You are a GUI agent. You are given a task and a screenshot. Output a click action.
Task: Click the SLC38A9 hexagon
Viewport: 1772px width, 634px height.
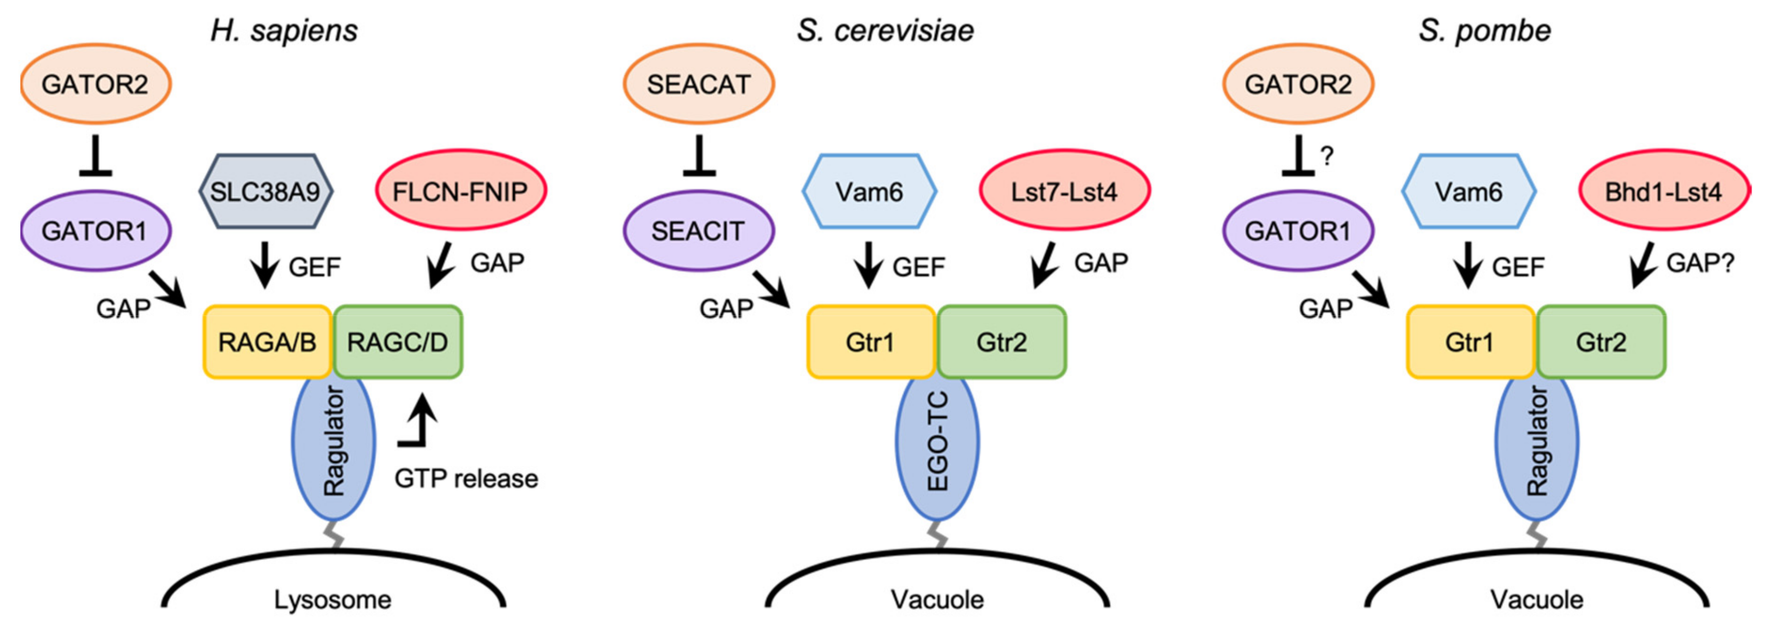click(265, 191)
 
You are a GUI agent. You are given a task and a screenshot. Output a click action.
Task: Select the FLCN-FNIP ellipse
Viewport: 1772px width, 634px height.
click(460, 191)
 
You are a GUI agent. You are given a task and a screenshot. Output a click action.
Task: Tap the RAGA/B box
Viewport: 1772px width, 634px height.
click(267, 342)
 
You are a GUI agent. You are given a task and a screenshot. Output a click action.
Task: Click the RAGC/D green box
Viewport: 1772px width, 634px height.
click(398, 342)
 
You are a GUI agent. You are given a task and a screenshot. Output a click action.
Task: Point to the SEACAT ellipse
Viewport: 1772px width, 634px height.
click(698, 84)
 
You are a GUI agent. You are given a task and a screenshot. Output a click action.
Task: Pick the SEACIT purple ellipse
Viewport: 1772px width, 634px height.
click(698, 231)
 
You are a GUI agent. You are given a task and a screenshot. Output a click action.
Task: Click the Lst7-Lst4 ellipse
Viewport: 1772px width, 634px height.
click(1064, 191)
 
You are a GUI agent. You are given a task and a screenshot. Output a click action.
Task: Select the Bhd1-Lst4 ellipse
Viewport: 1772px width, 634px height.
click(1663, 191)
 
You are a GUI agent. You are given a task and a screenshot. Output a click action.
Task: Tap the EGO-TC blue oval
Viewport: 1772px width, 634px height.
click(937, 443)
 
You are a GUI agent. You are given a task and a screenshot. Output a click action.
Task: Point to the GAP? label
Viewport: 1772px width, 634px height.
click(1701, 263)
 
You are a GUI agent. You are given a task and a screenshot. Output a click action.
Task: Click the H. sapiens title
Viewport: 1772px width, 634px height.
click(283, 31)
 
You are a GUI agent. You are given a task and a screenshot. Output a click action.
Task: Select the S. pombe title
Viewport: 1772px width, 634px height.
click(1484, 31)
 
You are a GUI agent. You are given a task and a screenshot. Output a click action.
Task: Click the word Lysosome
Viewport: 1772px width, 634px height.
click(332, 600)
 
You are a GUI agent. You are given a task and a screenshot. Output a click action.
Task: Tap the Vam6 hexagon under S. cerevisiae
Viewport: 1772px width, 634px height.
click(869, 191)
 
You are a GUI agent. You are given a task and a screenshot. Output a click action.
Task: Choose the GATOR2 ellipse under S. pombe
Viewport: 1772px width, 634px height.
click(1298, 84)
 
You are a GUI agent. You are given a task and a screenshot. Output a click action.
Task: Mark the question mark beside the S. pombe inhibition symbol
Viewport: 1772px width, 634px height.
click(1327, 157)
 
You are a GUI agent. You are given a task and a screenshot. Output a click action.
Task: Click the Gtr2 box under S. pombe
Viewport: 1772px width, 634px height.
click(1601, 342)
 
